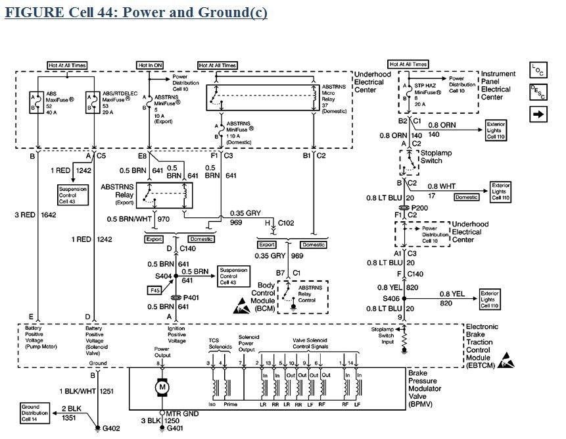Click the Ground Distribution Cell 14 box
click(35, 412)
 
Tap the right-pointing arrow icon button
click(538, 115)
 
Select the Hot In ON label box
click(150, 65)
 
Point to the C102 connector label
click(285, 222)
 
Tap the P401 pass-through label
click(191, 297)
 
